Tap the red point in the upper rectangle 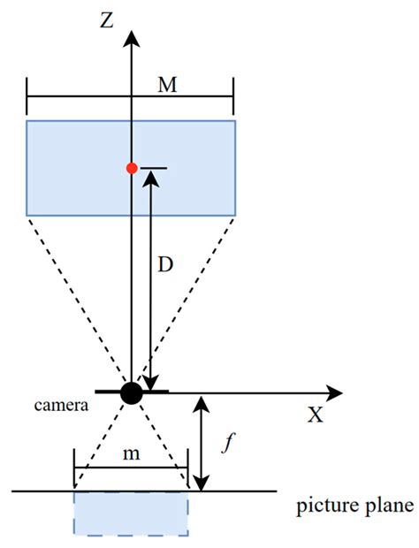(x=132, y=168)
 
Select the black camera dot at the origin (x=132, y=392)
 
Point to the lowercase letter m (x=131, y=453)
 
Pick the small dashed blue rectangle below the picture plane (x=131, y=514)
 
